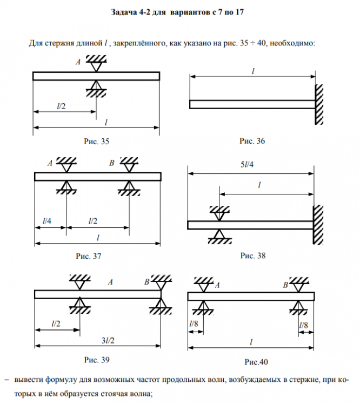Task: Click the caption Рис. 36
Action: tap(253, 142)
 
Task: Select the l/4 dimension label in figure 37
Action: tap(48, 221)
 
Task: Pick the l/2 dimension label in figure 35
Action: tap(61, 106)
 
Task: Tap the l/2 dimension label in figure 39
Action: tap(56, 324)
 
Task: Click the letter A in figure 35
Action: tap(78, 63)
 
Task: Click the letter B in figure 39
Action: tap(147, 281)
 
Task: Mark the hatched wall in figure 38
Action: tap(319, 224)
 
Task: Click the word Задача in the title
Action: tap(123, 11)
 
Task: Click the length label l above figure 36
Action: tap(253, 71)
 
